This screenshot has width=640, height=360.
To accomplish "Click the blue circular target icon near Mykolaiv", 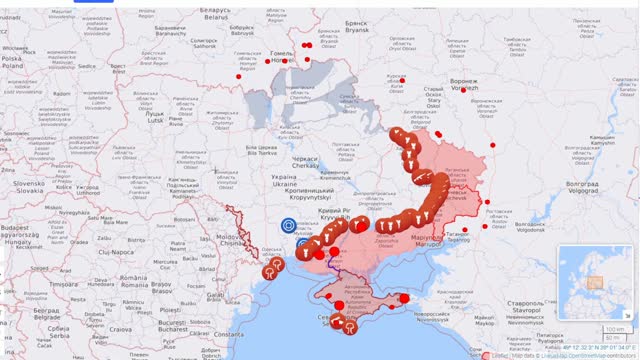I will pos(289,227).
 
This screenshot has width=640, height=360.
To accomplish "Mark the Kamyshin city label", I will pos(603,141).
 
